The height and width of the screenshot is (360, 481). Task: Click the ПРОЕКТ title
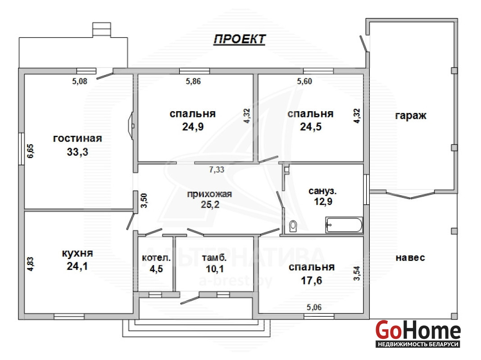pyautogui.click(x=239, y=39)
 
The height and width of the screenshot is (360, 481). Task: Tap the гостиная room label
pyautogui.click(x=77, y=139)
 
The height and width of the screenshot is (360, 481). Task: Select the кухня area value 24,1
pyautogui.click(x=77, y=266)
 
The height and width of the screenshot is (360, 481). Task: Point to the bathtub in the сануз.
pyautogui.click(x=344, y=225)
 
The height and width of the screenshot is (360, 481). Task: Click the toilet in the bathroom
pyautogui.click(x=293, y=226)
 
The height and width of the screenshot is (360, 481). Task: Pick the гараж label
pyautogui.click(x=411, y=116)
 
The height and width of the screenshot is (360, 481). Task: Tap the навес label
pyautogui.click(x=410, y=258)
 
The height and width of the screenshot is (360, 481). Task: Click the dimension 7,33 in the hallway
pyautogui.click(x=217, y=170)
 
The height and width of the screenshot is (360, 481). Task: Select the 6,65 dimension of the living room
pyautogui.click(x=31, y=151)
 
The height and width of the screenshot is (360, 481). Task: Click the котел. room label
pyautogui.click(x=156, y=258)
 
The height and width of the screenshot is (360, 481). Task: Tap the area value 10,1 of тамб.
pyautogui.click(x=215, y=269)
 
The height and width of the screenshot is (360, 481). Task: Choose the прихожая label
pyautogui.click(x=209, y=194)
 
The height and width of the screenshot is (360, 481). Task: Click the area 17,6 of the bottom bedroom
pyautogui.click(x=311, y=280)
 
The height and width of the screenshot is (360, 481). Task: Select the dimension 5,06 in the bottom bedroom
pyautogui.click(x=314, y=307)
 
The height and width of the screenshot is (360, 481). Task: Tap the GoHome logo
pyautogui.click(x=418, y=334)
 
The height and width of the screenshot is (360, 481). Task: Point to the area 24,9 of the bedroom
pyautogui.click(x=193, y=127)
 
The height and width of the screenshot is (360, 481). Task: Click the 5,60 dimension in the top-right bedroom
pyautogui.click(x=304, y=81)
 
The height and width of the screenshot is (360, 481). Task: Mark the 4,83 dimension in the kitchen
pyautogui.click(x=30, y=264)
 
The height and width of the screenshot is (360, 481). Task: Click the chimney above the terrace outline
pyautogui.click(x=102, y=30)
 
